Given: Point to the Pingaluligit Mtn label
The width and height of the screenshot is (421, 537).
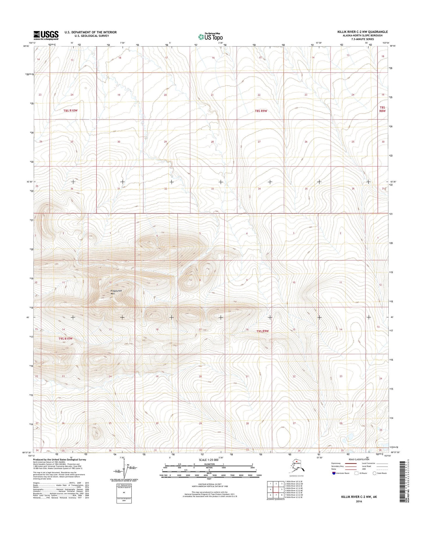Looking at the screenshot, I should point(117,292).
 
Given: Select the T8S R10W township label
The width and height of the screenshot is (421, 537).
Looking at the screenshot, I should point(71,111).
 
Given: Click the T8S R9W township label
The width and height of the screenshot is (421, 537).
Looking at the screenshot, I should point(261,111).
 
